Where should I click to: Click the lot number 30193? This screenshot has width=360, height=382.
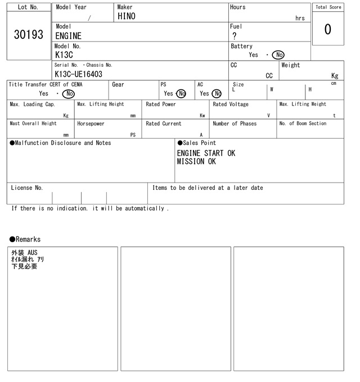pyautogui.click(x=28, y=35)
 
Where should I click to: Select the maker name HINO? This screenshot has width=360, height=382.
pyautogui.click(x=127, y=16)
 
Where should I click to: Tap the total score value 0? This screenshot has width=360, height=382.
pyautogui.click(x=328, y=29)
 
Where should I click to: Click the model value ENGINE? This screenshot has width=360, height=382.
pyautogui.click(x=68, y=36)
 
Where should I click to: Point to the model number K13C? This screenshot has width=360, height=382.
pyautogui.click(x=64, y=55)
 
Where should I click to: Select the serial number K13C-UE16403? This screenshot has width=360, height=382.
pyautogui.click(x=78, y=74)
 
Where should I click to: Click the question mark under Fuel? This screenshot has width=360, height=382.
pyautogui.click(x=235, y=36)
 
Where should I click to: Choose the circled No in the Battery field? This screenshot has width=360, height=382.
pyautogui.click(x=278, y=55)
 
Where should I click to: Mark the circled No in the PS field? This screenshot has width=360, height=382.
pyautogui.click(x=181, y=94)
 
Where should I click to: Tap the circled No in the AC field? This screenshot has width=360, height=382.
pyautogui.click(x=217, y=94)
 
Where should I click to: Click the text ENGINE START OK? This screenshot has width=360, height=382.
pyautogui.click(x=206, y=153)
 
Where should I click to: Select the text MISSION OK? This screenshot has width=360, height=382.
pyautogui.click(x=196, y=162)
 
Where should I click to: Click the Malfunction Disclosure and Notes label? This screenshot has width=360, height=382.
pyautogui.click(x=60, y=143)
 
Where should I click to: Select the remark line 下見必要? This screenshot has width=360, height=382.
pyautogui.click(x=24, y=266)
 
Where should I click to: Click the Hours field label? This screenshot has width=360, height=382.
pyautogui.click(x=238, y=7)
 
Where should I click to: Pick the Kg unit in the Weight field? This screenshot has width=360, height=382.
pyautogui.click(x=335, y=75)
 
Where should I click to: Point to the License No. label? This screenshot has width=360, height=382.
pyautogui.click(x=26, y=188)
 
